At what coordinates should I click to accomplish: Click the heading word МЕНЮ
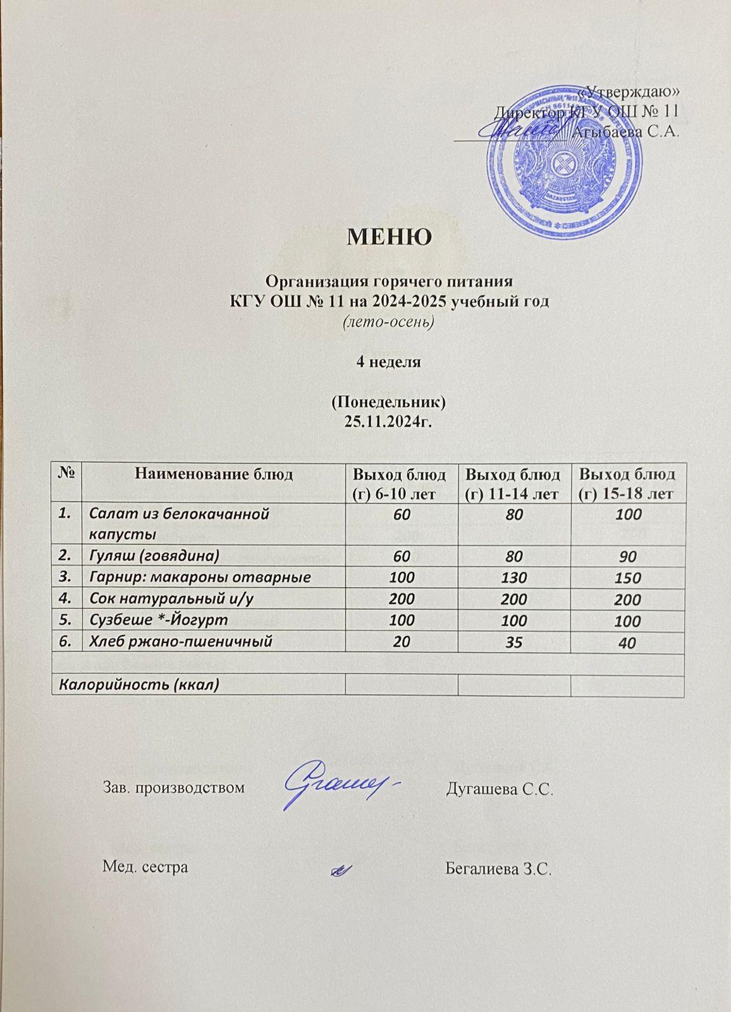[x=390, y=237]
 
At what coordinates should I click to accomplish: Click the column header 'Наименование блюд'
[x=213, y=474]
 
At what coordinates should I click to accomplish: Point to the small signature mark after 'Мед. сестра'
[x=341, y=870]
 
